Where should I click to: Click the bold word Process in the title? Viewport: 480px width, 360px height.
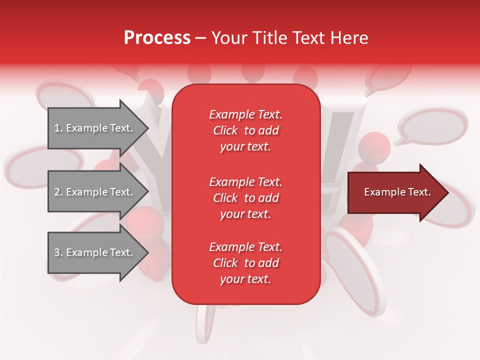pyautogui.click(x=157, y=38)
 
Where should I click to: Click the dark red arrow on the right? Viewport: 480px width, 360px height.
pyautogui.click(x=395, y=192)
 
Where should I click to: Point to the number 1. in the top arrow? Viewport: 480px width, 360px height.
pyautogui.click(x=58, y=128)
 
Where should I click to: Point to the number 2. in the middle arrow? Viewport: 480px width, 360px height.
pyautogui.click(x=58, y=192)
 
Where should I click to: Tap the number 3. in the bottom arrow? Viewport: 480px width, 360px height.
pyautogui.click(x=58, y=253)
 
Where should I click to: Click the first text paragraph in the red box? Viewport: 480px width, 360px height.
pyautogui.click(x=245, y=130)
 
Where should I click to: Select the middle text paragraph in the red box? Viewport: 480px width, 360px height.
pyautogui.click(x=245, y=198)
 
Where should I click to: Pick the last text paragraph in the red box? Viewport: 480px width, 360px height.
pyautogui.click(x=245, y=263)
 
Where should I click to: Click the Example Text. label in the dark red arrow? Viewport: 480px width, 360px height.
pyautogui.click(x=397, y=192)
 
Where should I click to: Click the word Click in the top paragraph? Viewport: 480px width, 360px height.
pyautogui.click(x=225, y=131)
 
